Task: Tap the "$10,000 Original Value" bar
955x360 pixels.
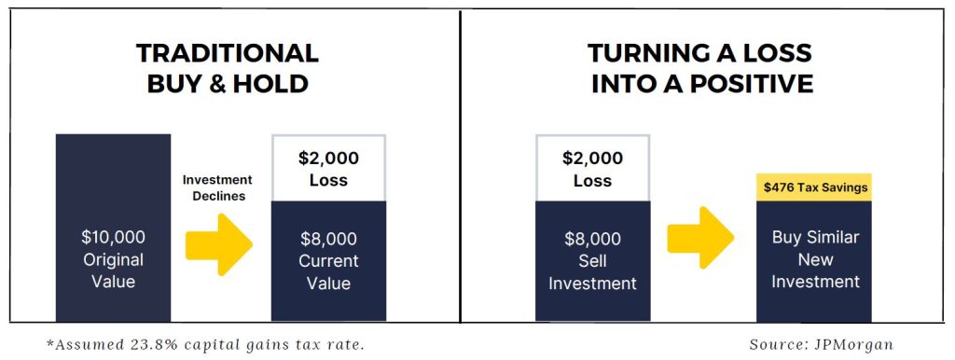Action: click(113, 228)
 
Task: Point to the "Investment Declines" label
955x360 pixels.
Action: click(218, 188)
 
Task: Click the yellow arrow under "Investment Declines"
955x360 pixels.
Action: click(218, 244)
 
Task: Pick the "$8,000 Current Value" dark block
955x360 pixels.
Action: click(329, 261)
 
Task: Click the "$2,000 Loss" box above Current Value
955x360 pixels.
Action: click(329, 168)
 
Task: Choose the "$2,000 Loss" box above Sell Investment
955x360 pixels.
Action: click(592, 168)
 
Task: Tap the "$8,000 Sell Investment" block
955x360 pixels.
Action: click(592, 261)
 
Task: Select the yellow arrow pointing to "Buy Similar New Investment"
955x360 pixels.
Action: click(700, 238)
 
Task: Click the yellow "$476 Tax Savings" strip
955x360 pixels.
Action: click(813, 187)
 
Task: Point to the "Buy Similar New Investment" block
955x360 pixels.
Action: click(813, 261)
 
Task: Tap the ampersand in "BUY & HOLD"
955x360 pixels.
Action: click(228, 83)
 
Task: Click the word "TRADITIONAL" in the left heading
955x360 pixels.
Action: click(228, 53)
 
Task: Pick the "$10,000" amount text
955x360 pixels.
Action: click(113, 237)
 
